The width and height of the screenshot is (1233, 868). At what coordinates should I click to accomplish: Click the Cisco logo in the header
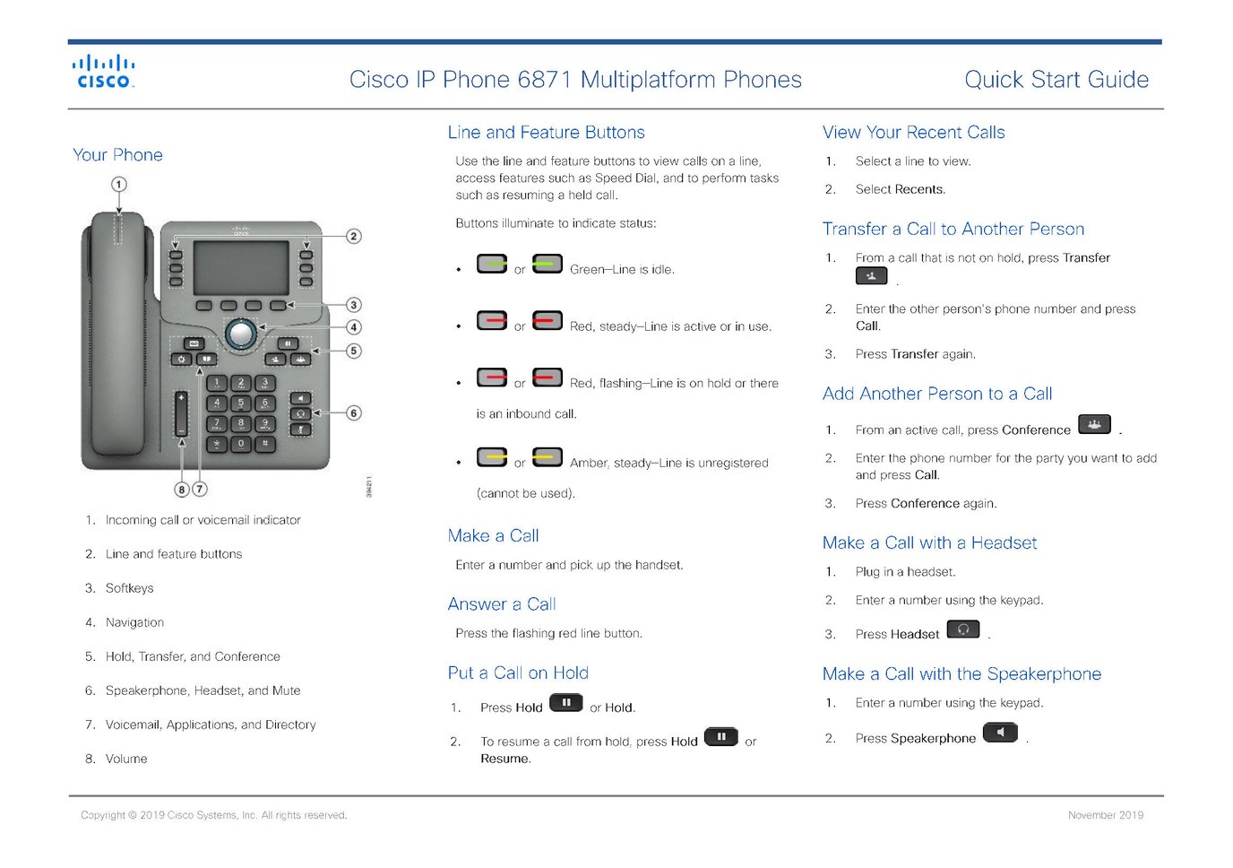103,72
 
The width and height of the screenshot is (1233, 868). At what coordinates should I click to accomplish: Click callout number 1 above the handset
118,184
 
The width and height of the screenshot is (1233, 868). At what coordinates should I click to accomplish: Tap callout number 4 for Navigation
354,327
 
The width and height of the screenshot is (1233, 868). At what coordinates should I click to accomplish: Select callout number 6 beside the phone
354,413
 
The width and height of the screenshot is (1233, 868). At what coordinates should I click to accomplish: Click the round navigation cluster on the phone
240,334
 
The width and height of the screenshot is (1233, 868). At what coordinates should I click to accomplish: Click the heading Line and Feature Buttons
546,133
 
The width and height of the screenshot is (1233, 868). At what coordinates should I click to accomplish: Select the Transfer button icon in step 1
871,276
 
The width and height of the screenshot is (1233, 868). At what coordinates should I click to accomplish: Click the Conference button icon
1094,425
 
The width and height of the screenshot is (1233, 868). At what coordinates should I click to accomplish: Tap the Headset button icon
963,629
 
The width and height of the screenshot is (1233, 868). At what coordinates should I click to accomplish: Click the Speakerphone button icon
1000,733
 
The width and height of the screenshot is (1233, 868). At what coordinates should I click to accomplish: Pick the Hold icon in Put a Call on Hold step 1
565,703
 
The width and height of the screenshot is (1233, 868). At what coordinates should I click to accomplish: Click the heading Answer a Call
502,604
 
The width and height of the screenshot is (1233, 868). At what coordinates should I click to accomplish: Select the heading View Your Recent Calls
913,133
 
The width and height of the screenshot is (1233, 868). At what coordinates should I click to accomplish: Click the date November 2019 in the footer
1105,815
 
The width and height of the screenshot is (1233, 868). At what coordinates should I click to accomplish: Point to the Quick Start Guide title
1056,80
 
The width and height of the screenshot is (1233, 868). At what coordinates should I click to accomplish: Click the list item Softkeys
129,588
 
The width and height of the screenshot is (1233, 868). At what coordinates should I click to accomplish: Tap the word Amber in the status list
588,464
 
